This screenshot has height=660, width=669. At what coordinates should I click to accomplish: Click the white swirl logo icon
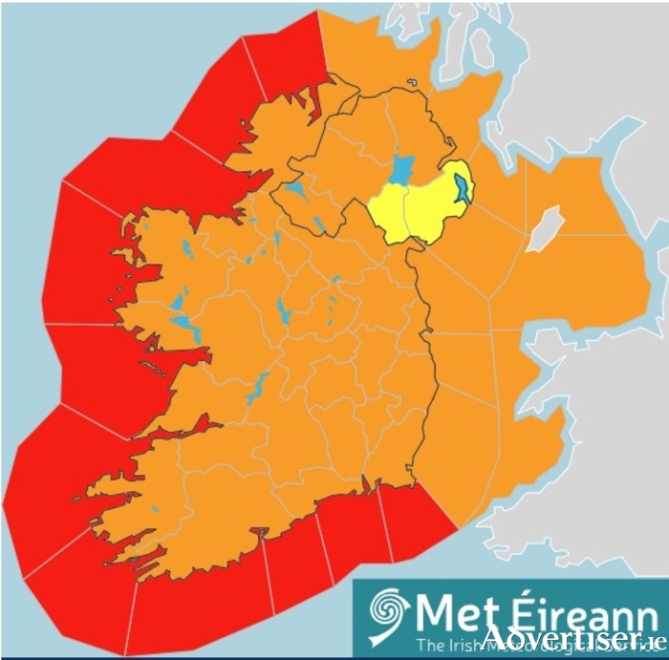pyautogui.click(x=387, y=609)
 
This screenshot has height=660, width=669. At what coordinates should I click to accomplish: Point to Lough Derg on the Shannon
pyautogui.click(x=256, y=388)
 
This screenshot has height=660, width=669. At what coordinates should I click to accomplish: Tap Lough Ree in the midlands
pyautogui.click(x=285, y=310)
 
